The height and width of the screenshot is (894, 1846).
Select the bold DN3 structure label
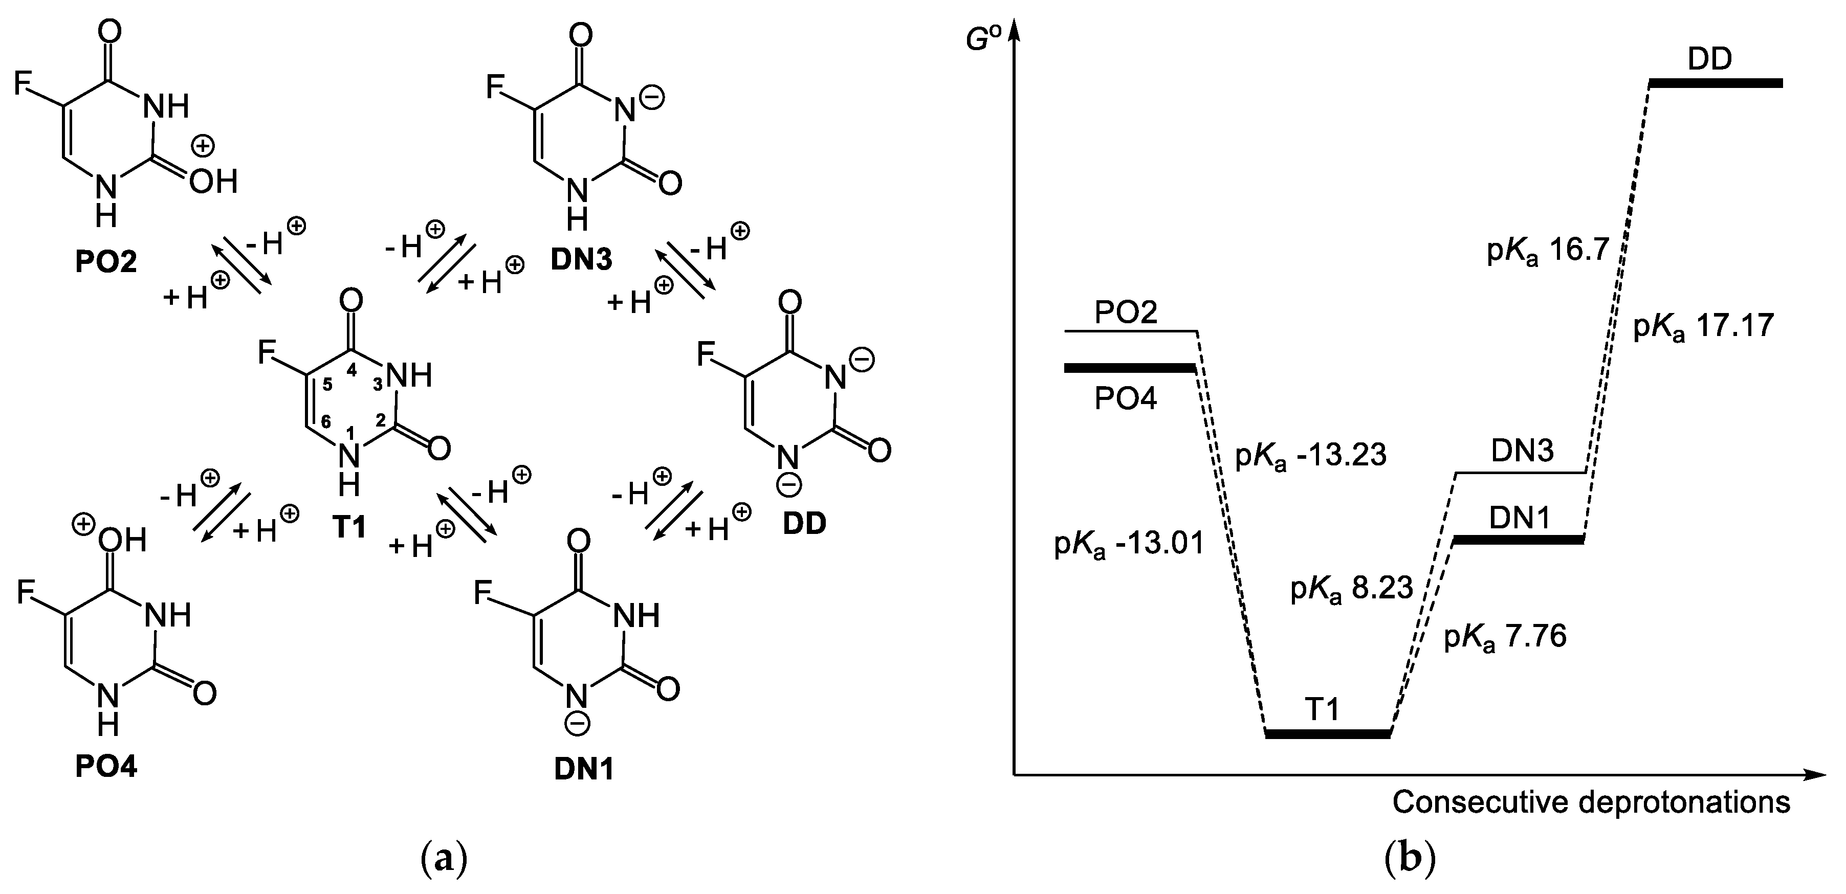[x=581, y=259]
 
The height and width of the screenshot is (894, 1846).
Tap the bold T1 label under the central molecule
[x=349, y=527]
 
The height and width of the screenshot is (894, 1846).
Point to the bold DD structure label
[x=804, y=524]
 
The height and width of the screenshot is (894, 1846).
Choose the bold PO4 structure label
[x=106, y=767]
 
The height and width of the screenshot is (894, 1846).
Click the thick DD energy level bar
[x=1715, y=83]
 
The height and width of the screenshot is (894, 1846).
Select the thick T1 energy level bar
[x=1327, y=733]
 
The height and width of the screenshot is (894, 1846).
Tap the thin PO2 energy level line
[x=1131, y=331]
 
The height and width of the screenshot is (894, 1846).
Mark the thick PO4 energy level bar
[x=1129, y=368]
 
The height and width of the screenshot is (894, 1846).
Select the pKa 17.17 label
[x=1703, y=327]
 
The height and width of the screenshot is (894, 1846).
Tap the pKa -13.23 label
[x=1311, y=456]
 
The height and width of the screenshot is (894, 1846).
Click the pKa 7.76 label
[x=1505, y=636]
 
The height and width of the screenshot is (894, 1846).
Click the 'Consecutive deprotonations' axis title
[x=1591, y=802]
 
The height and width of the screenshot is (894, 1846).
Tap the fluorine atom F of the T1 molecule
[x=267, y=352]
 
